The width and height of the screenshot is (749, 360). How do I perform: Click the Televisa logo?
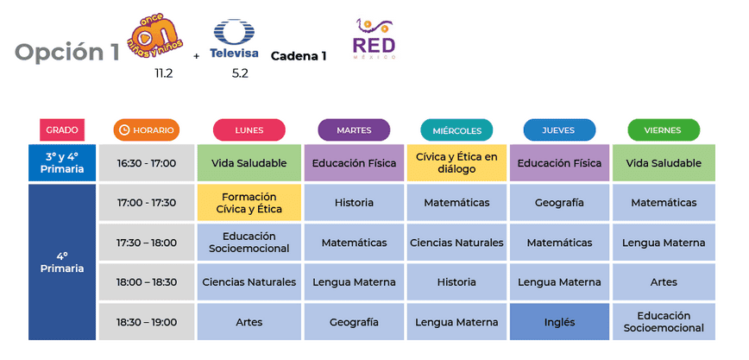pyautogui.click(x=234, y=41)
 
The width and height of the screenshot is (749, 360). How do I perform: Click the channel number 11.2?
pyautogui.click(x=164, y=73)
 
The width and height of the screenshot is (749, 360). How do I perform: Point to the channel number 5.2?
pyautogui.click(x=240, y=73)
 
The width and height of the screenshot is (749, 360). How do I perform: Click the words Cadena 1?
pyautogui.click(x=299, y=56)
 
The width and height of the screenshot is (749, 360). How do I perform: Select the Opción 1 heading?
pyautogui.click(x=67, y=52)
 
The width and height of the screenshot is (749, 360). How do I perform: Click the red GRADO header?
pyautogui.click(x=62, y=130)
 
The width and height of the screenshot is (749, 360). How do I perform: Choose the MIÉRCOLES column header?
pyautogui.click(x=456, y=130)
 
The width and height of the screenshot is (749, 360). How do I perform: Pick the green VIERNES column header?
pyautogui.click(x=663, y=130)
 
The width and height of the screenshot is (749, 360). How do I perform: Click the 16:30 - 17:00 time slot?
pyautogui.click(x=147, y=163)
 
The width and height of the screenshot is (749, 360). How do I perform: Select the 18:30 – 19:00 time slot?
pyautogui.click(x=147, y=322)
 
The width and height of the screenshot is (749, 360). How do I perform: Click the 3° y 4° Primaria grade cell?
pyautogui.click(x=62, y=163)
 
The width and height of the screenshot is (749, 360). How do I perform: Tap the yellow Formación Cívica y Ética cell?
pyautogui.click(x=249, y=203)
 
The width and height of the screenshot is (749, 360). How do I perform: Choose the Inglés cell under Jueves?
pyautogui.click(x=559, y=322)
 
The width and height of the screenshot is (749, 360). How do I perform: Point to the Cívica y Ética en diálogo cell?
pyautogui.click(x=456, y=163)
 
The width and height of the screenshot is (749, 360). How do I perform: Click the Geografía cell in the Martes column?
pyautogui.click(x=354, y=322)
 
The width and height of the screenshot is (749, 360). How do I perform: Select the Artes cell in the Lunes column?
pyautogui.click(x=249, y=322)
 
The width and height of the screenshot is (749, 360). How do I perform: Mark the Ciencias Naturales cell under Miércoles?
pyautogui.click(x=456, y=243)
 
